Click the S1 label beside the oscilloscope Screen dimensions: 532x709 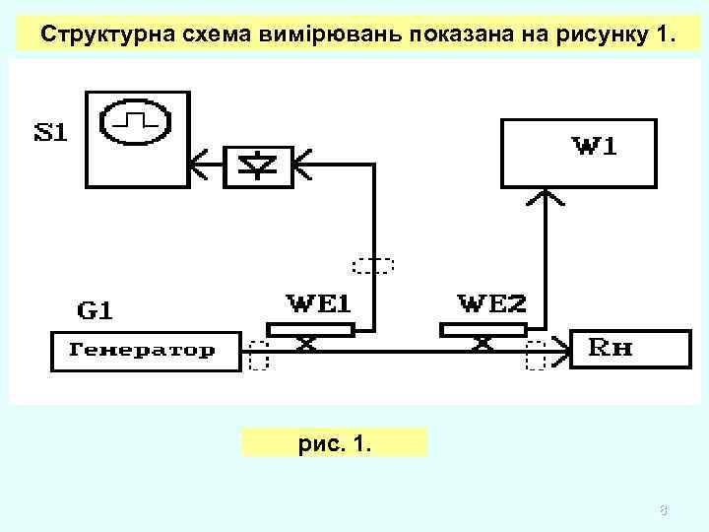pos(51,132)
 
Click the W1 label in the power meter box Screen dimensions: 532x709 pos(596,147)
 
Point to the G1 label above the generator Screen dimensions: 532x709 pos(95,311)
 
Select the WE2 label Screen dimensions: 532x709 pos(492,303)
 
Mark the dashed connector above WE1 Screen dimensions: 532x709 pos(373,264)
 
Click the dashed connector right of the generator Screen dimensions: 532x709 pos(259,355)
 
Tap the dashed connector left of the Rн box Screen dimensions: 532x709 pos(537,355)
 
